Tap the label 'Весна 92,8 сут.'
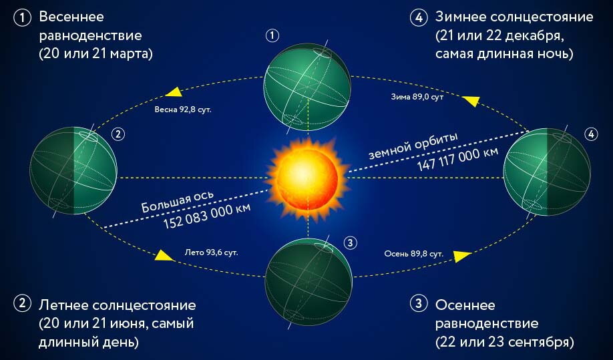(x=183, y=108)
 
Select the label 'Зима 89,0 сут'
(x=417, y=97)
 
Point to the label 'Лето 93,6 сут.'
(x=211, y=253)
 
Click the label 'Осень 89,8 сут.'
(x=414, y=254)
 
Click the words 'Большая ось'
(x=177, y=200)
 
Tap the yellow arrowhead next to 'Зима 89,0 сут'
(x=471, y=100)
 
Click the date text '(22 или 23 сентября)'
(x=504, y=343)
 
